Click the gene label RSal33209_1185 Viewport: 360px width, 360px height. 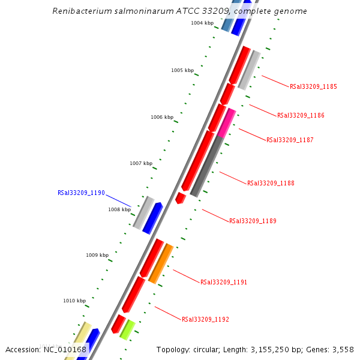point(313,86)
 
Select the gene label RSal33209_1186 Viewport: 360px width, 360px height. point(301,115)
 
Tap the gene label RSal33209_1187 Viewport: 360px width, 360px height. point(290,140)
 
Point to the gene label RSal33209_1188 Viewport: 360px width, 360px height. point(271,183)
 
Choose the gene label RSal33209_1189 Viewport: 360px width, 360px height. point(253,221)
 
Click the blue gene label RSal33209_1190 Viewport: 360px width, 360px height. point(81,193)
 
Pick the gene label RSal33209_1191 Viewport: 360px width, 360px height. point(224,282)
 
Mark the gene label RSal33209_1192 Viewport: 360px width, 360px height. point(205,319)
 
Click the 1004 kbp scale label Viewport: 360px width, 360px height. point(202,23)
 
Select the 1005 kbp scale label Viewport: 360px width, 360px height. point(182,70)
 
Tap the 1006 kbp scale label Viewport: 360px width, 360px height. point(162,117)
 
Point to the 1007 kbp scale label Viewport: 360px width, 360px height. point(141,163)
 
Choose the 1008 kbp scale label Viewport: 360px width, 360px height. point(119,209)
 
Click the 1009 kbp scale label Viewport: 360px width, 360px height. point(97,255)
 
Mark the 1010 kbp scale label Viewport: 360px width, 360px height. point(74,301)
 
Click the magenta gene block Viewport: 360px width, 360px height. point(226,123)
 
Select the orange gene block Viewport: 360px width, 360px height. point(161,264)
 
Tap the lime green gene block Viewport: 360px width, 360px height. point(127,329)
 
